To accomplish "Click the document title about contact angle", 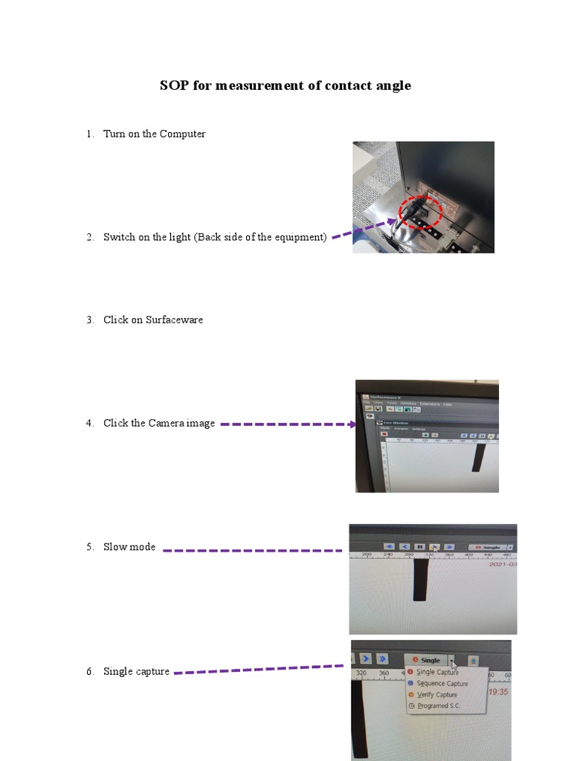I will pos(285,85).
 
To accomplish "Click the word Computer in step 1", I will pos(182,134).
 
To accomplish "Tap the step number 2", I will pos(89,237).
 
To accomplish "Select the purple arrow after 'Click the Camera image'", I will pos(287,424).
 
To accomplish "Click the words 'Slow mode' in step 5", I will pos(129,547).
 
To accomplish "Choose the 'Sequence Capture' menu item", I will pos(442,684).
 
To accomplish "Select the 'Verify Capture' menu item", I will pos(436,695).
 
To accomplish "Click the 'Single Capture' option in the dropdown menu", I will pos(437,673).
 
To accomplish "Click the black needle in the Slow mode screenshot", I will pos(420,580).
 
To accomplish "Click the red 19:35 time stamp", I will pos(497,691).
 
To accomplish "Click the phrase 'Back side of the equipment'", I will pos(260,237).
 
